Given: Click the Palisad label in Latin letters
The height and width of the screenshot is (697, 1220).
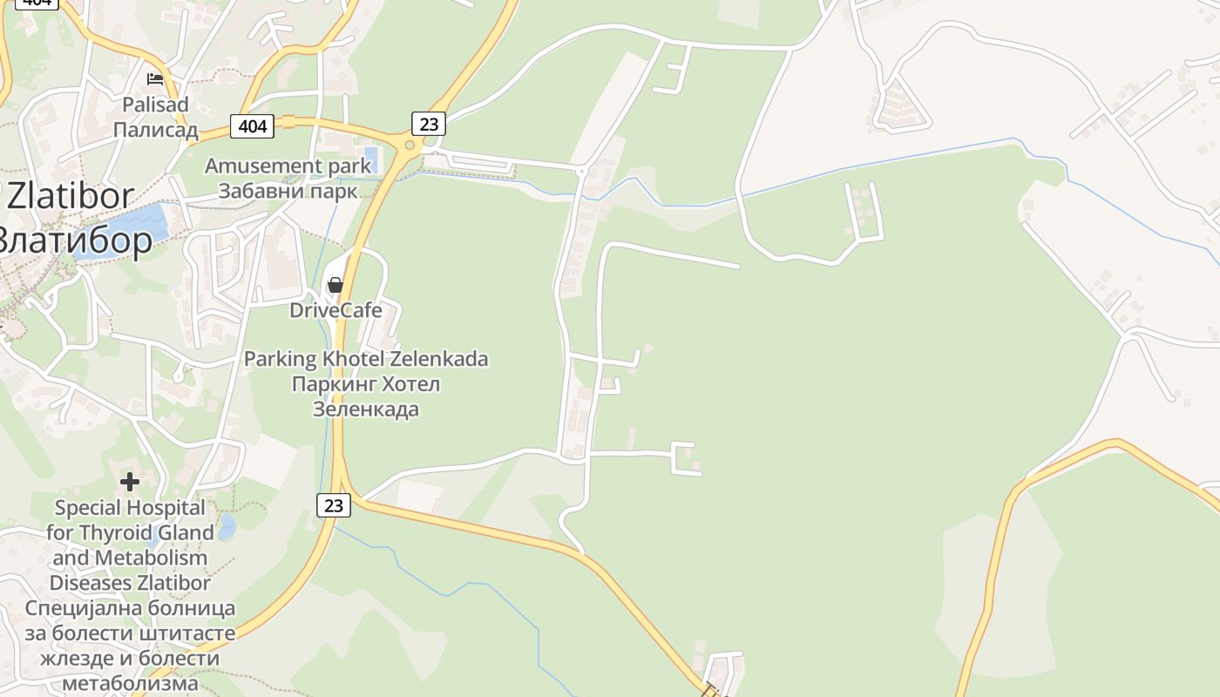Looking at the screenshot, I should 155,105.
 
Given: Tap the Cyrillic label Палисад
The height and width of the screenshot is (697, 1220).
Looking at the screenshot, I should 155,131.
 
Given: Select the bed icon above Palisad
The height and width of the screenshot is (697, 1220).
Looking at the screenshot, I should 155,79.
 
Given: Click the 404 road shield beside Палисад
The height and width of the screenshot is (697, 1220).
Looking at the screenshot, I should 253,126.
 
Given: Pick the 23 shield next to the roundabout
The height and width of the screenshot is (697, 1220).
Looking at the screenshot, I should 428,124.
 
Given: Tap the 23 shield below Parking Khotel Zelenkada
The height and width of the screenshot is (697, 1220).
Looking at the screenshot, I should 333,504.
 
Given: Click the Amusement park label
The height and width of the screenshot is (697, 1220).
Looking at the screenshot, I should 275,166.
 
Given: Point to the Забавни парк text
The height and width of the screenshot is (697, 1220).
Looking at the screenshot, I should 288,191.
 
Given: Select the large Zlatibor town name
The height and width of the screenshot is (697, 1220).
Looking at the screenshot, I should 70,196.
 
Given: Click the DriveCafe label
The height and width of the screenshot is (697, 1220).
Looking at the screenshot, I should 335,310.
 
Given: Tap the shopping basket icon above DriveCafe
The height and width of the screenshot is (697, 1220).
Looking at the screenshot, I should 335,285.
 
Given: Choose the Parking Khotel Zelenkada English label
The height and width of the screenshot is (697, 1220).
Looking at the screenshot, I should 366,358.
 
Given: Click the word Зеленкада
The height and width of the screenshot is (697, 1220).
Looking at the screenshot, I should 366,409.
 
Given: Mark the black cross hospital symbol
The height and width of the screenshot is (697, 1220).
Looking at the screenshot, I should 130,481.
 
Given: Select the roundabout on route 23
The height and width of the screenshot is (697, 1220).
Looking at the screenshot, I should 408,145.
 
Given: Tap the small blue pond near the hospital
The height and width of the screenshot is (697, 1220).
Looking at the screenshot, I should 227,525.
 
